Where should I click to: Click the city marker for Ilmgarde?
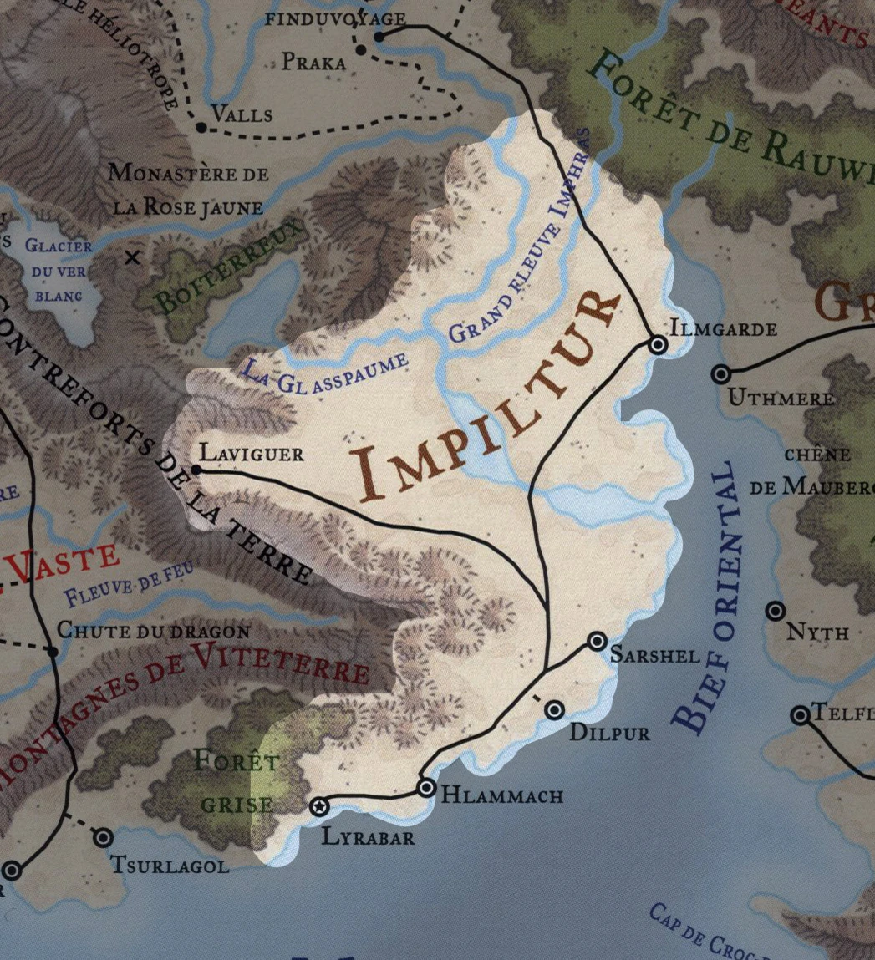tap(658, 344)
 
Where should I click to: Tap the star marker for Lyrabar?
tap(318, 806)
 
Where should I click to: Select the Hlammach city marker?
tap(426, 787)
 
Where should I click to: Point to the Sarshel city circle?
tap(596, 641)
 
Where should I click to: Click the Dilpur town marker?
tap(554, 710)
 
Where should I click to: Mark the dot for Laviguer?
tap(196, 470)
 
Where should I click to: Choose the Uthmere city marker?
tap(721, 373)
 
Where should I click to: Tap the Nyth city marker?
tap(775, 611)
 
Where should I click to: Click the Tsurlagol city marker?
tap(103, 837)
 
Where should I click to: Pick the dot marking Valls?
tap(201, 127)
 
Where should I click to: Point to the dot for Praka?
tap(360, 50)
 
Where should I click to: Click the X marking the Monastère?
tap(132, 258)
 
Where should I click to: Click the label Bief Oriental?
tap(707, 597)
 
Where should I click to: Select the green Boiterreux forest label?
tap(226, 271)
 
